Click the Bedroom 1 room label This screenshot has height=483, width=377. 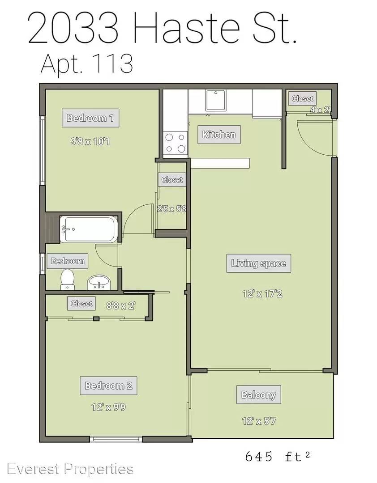point(90,118)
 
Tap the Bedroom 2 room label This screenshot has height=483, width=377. point(109,386)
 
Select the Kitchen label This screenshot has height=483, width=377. point(219,135)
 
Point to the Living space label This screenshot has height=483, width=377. point(258,263)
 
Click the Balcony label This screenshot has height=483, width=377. point(258,394)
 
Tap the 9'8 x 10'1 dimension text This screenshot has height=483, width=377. point(90,142)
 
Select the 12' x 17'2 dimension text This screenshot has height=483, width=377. point(262,293)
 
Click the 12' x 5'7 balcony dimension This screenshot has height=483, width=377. point(259,421)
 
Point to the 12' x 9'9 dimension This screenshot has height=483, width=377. point(109,407)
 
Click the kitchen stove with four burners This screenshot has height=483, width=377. point(175,143)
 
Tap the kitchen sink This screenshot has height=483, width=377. point(216,101)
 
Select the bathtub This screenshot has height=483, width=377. point(89,229)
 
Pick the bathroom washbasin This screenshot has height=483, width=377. point(99,283)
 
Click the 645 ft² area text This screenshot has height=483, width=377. point(278,456)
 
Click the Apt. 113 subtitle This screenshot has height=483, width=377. point(87,64)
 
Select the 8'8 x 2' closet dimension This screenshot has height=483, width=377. point(121,305)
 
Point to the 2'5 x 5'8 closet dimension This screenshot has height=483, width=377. point(172,208)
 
